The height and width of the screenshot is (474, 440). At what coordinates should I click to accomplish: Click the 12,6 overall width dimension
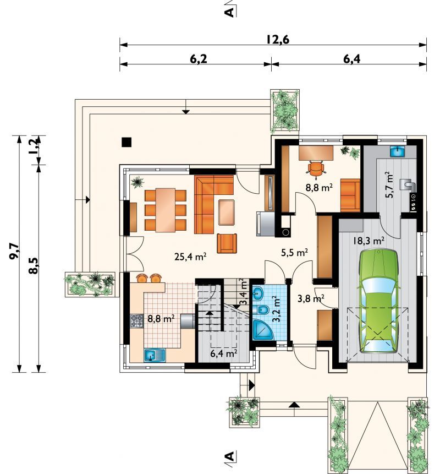[x=278, y=40]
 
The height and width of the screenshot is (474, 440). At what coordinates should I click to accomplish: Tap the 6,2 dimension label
[x=199, y=59]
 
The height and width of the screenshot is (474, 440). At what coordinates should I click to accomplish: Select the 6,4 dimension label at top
[x=351, y=59]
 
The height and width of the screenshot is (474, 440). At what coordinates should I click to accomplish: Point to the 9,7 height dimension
[x=14, y=252]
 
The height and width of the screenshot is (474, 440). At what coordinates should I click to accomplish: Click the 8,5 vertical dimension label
[x=34, y=266]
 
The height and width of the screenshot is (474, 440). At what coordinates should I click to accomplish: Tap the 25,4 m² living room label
[x=190, y=257]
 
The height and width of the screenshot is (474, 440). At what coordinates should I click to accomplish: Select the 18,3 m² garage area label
[x=369, y=241]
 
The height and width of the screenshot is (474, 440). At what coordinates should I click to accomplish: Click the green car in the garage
[x=378, y=301]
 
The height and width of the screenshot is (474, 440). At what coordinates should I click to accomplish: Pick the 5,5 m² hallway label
[x=294, y=253]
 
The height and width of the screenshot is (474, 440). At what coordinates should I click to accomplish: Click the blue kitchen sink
[x=155, y=356]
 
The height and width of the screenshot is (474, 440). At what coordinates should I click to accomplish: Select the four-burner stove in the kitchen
[x=136, y=321]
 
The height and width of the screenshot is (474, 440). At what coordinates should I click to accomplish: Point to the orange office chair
[x=316, y=168]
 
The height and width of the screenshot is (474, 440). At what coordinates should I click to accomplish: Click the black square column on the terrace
[x=127, y=142]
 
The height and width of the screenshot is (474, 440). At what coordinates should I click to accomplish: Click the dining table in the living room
[x=165, y=210]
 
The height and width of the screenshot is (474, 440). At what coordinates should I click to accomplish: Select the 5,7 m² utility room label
[x=389, y=185]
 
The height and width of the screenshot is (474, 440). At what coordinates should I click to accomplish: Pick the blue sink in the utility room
[x=398, y=151]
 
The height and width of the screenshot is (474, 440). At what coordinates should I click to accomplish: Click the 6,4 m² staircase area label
[x=224, y=353]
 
